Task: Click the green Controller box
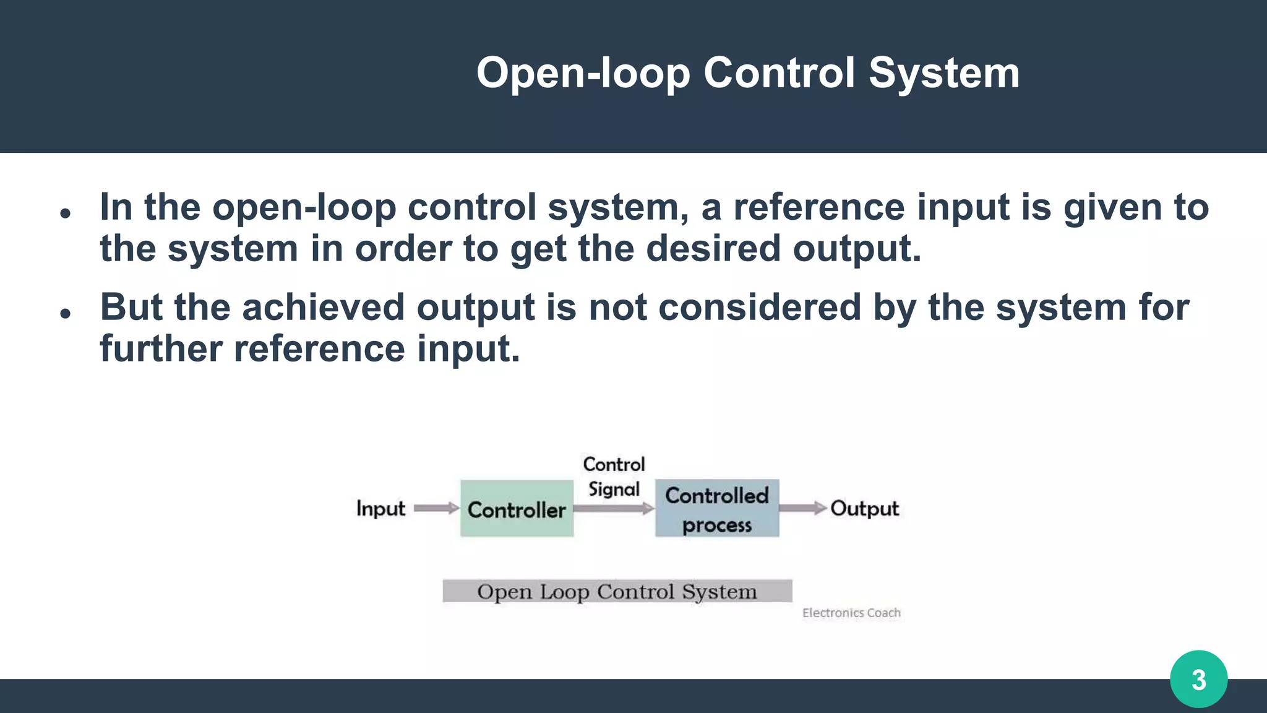(517, 508)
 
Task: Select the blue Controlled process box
(717, 508)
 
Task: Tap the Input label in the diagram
(380, 509)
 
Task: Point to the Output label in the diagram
(864, 509)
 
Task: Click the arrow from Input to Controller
(436, 508)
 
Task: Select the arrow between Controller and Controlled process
(613, 509)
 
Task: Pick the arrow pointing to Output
(802, 508)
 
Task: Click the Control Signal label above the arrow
(614, 477)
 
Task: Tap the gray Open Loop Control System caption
(617, 591)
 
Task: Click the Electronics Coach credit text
(851, 613)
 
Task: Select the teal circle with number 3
(1198, 679)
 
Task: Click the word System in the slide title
(944, 73)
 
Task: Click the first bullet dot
(66, 214)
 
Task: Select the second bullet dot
(66, 314)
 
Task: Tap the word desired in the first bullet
(713, 248)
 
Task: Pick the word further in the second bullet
(161, 348)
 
